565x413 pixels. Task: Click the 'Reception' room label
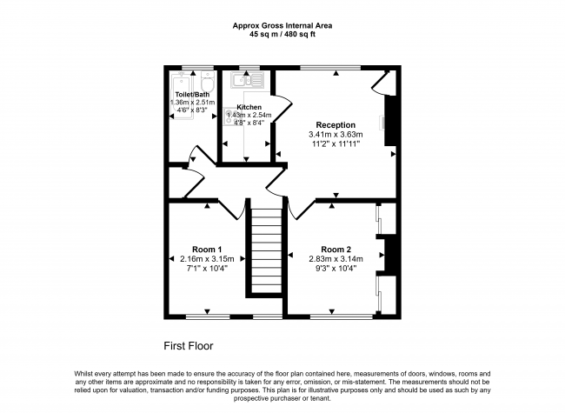(x=336, y=124)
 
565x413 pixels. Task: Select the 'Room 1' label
(x=206, y=249)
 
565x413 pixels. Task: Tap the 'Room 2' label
(x=336, y=249)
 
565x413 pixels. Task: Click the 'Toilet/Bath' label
(x=192, y=94)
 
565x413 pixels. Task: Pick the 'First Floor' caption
(x=188, y=345)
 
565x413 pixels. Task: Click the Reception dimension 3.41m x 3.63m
(x=336, y=135)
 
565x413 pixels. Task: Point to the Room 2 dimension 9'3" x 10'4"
(x=336, y=268)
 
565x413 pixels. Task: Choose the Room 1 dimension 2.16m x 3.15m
(x=206, y=258)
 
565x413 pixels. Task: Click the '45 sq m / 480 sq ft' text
(x=283, y=35)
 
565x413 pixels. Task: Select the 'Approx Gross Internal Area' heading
(x=283, y=25)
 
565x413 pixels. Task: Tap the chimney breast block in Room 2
(x=390, y=256)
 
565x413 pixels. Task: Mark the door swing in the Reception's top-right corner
(x=379, y=82)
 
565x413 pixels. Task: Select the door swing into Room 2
(x=300, y=208)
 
